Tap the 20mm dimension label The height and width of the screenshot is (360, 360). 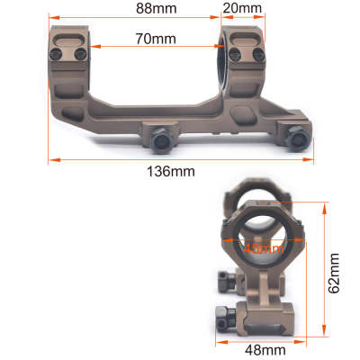point(241,9)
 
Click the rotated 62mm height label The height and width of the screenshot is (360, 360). point(335,274)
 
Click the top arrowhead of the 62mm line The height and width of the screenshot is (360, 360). point(320,205)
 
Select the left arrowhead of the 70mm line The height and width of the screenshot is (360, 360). point(94,49)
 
